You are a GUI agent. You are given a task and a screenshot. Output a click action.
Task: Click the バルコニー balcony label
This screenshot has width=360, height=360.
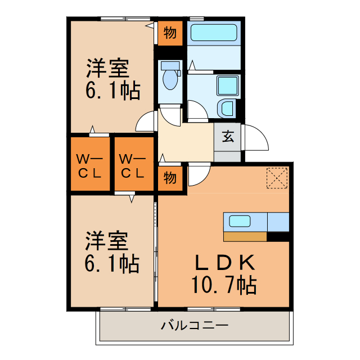pyautogui.click(x=194, y=326)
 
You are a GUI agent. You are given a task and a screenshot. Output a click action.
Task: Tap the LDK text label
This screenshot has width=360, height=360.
pyautogui.click(x=225, y=263)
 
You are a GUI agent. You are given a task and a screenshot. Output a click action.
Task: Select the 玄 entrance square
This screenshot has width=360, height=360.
pyautogui.click(x=228, y=136)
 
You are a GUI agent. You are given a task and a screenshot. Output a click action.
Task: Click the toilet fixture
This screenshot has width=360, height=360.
pyautogui.click(x=170, y=77)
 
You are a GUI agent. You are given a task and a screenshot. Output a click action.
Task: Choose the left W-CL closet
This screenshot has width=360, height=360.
pyautogui.click(x=90, y=165)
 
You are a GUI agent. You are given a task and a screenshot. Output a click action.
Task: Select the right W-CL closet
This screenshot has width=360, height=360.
pyautogui.click(x=133, y=165)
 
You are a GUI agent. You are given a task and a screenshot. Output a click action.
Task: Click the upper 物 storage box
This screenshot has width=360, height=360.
pyautogui.click(x=170, y=33)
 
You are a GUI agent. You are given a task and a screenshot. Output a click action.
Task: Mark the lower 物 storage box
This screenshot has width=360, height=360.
pyautogui.click(x=170, y=178)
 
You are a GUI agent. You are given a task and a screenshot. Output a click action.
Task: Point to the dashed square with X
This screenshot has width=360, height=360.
pyautogui.click(x=277, y=178)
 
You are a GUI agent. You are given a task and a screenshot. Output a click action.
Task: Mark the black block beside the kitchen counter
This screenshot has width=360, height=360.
pyautogui.click(x=277, y=237)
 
